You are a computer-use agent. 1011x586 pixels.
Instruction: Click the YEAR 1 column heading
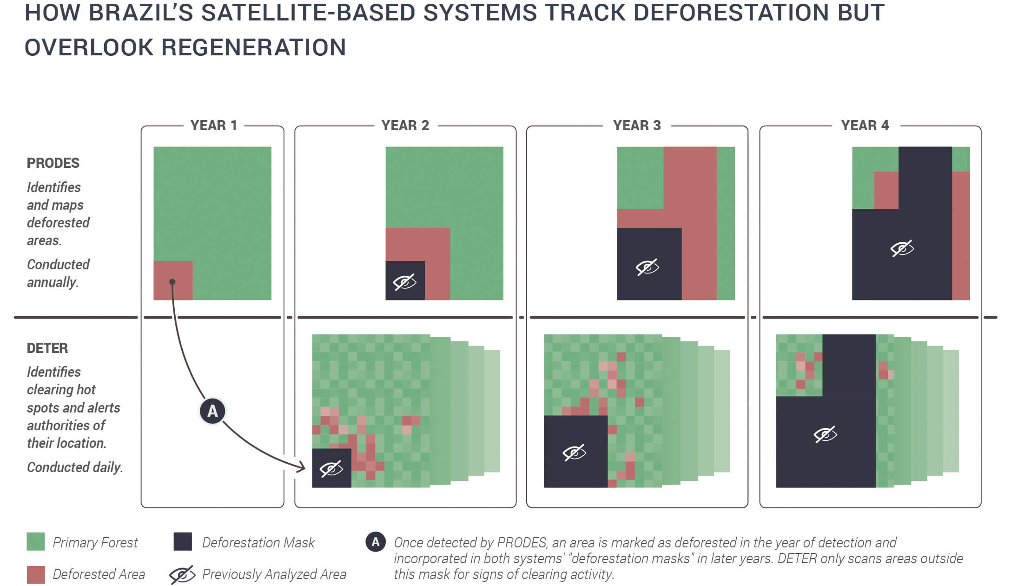(214, 126)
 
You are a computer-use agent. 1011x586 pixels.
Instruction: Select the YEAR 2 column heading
(405, 126)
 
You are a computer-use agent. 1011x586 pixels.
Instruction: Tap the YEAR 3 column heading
(637, 126)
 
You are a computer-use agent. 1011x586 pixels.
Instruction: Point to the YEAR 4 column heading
(865, 126)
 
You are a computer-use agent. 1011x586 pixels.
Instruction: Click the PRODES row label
(53, 163)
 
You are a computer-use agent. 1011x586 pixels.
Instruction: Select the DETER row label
(47, 348)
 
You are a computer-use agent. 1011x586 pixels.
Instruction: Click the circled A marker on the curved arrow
(212, 411)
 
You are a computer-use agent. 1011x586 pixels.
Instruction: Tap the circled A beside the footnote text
(376, 542)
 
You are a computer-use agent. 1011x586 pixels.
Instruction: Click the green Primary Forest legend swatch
(36, 542)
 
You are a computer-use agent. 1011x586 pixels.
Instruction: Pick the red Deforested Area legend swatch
(36, 575)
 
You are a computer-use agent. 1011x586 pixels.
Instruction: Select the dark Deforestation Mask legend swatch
(183, 542)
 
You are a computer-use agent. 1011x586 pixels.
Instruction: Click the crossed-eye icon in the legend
(182, 575)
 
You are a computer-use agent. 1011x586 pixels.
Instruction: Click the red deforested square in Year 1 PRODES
(173, 280)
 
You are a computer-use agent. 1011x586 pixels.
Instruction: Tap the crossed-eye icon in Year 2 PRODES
(405, 282)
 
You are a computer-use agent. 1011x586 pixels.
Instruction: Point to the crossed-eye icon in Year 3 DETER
(575, 453)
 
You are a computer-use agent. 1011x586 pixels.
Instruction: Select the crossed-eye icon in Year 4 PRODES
(902, 248)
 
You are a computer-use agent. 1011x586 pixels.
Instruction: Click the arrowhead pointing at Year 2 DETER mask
(301, 467)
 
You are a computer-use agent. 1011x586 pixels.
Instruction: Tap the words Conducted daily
(75, 467)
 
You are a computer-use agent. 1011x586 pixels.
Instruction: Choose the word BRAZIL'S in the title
(141, 12)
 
